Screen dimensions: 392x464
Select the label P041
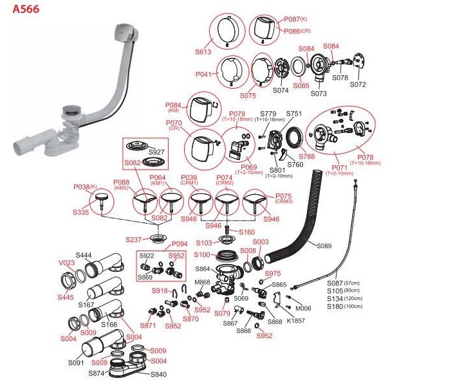[x=203, y=75]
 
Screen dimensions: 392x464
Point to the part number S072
[x=358, y=84]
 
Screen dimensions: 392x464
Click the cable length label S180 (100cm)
[x=344, y=306]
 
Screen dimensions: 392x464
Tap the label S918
[x=160, y=290]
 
